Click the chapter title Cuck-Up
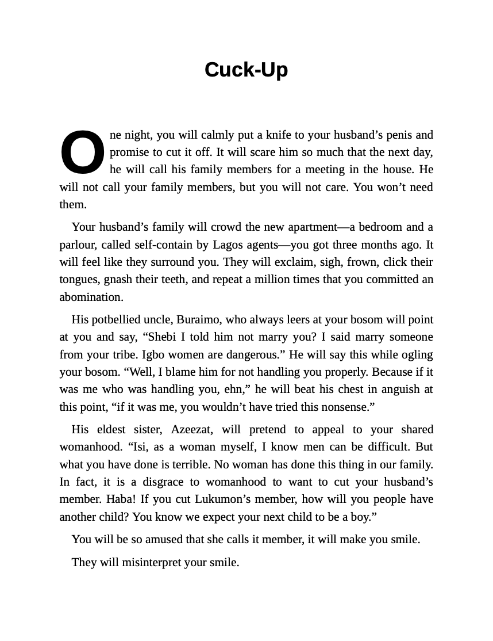[246, 70]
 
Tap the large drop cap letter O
[83, 152]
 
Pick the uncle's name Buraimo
[198, 320]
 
